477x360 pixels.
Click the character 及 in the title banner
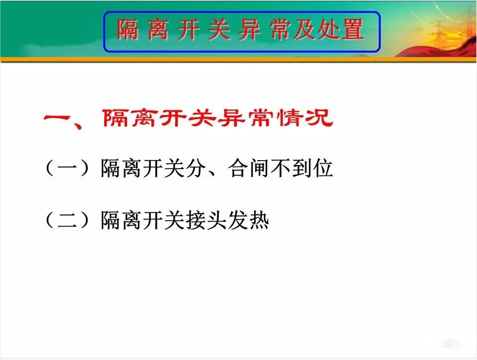pyautogui.click(x=305, y=29)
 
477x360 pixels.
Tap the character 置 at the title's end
pyautogui.click(x=353, y=29)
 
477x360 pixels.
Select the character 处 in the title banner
pyautogui.click(x=329, y=29)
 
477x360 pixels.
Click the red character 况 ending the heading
pyautogui.click(x=320, y=118)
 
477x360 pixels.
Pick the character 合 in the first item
pyautogui.click(x=239, y=168)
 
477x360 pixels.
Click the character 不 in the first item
pyautogui.click(x=281, y=168)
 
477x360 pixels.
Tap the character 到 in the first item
pyautogui.click(x=302, y=168)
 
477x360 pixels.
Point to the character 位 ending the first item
pyautogui.click(x=323, y=168)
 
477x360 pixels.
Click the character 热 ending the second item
pyautogui.click(x=259, y=220)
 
